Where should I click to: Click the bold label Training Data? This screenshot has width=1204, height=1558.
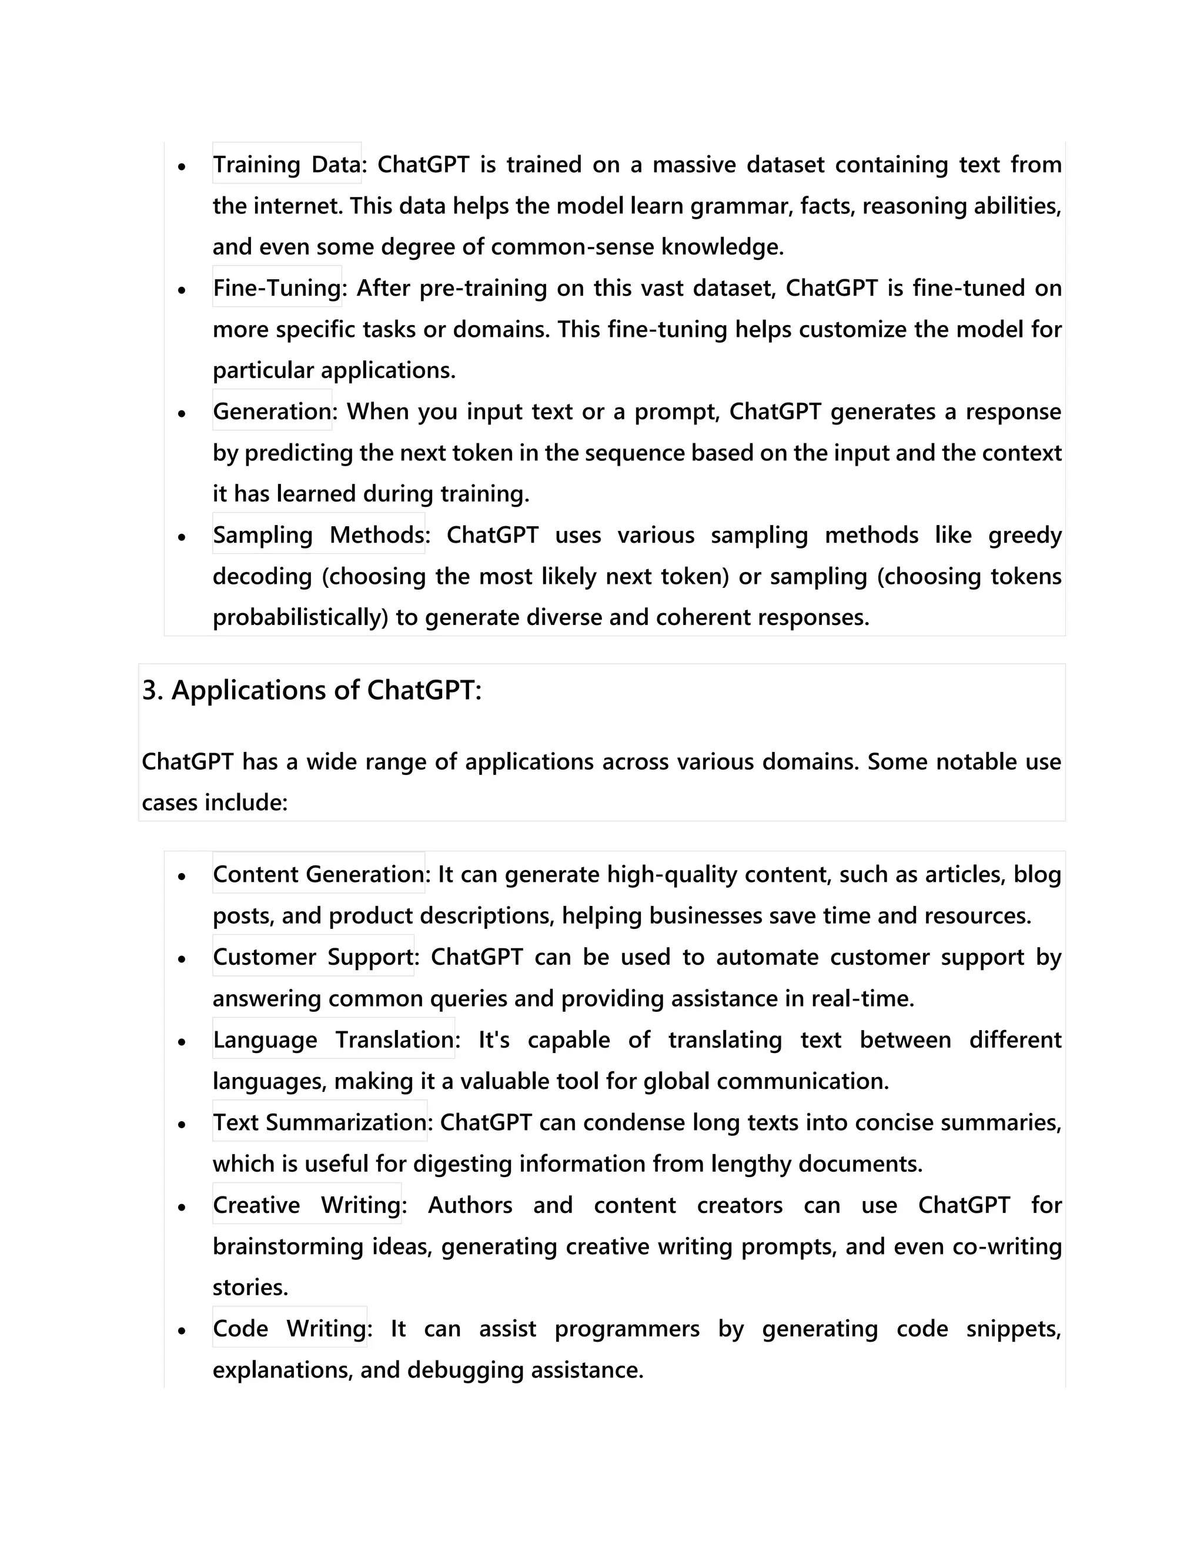point(287,164)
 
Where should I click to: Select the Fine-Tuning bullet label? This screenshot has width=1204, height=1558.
point(277,287)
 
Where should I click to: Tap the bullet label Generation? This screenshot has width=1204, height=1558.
point(272,411)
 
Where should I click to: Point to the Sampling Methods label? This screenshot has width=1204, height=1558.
point(318,534)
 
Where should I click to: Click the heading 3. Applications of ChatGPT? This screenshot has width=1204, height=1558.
point(312,690)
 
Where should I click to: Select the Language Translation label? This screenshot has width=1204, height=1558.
point(333,1039)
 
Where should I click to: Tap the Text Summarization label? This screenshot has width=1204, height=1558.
point(320,1122)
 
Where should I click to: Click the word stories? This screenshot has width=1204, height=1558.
point(250,1288)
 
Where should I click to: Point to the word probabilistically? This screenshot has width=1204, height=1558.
point(300,617)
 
